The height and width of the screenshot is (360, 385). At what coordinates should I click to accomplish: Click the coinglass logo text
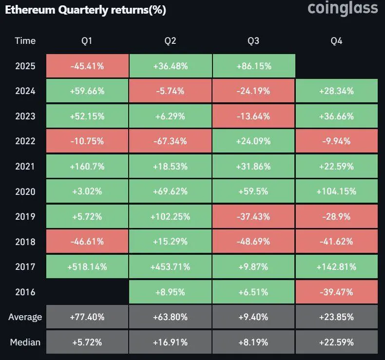(343, 8)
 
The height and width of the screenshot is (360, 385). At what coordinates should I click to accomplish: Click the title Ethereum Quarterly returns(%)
(86, 10)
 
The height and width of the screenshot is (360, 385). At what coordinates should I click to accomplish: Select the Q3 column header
(253, 41)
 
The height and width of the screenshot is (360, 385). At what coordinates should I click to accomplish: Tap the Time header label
(25, 41)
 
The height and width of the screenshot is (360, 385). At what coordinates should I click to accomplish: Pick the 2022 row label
(25, 141)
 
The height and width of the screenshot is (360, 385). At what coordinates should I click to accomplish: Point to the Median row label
(25, 342)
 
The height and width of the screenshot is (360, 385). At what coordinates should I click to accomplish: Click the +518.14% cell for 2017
(88, 267)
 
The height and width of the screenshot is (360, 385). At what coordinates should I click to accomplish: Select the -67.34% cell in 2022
(171, 141)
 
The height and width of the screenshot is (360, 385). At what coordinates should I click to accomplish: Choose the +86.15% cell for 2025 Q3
(253, 66)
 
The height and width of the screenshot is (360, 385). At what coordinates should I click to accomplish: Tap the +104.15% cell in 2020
(336, 191)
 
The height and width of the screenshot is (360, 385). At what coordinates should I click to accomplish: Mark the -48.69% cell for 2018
(253, 242)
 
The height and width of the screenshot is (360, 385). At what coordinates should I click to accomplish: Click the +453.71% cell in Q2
(171, 267)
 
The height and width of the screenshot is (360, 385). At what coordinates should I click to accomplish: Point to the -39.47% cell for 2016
(336, 292)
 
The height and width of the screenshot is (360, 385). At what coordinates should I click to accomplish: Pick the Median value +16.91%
(171, 342)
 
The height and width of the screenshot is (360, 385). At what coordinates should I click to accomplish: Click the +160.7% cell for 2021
(88, 167)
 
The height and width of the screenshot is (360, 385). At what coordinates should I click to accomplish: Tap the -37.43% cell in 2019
(253, 217)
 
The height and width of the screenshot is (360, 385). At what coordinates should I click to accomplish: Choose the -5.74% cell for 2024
(171, 91)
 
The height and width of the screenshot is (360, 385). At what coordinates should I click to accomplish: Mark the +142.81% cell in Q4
(336, 267)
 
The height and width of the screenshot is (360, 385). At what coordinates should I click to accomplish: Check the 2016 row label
(25, 292)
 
